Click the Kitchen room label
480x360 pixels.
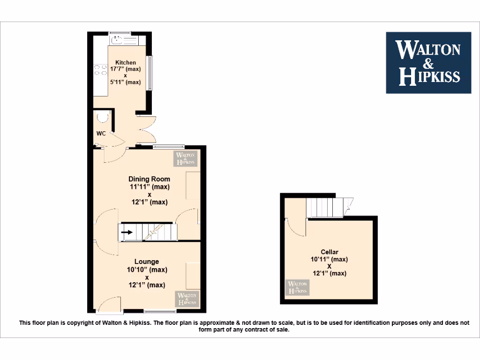point(126,62)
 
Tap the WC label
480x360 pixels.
point(101,134)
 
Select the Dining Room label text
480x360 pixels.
point(150,179)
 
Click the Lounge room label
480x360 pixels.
point(147,262)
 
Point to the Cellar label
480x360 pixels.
point(330,252)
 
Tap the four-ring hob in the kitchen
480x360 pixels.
point(100,70)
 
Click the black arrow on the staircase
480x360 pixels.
point(127,231)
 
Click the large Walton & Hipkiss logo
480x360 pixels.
point(428,63)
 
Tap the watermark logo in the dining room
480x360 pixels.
point(186,158)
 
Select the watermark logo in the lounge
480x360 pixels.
point(187,299)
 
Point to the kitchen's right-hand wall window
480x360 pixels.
point(150,73)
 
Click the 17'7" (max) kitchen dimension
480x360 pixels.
point(126,69)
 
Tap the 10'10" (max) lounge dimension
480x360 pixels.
point(147,270)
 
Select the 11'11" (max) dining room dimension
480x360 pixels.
point(150,187)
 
